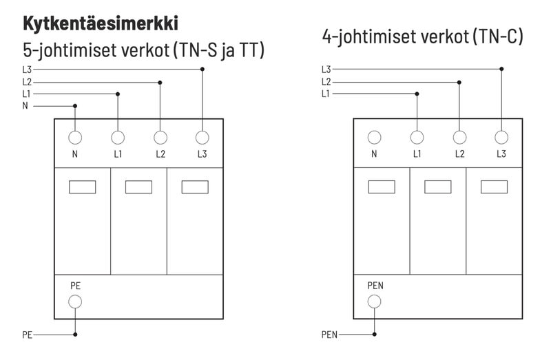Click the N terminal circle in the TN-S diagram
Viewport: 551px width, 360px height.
click(75, 137)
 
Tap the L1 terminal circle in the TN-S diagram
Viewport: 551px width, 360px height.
click(118, 137)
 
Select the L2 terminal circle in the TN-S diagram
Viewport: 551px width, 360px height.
click(160, 137)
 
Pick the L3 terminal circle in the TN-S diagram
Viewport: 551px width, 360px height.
click(202, 137)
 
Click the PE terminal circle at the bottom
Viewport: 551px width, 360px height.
click(75, 301)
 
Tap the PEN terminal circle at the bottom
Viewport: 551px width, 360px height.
click(374, 301)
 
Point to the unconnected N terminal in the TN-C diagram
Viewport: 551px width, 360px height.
click(374, 137)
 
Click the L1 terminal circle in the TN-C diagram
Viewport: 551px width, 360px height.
click(417, 137)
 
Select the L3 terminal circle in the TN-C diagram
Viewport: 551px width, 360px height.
click(501, 137)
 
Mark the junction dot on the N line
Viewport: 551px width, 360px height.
click(75, 106)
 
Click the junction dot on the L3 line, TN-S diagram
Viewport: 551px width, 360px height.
click(202, 69)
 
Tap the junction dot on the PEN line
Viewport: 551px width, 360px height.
click(374, 335)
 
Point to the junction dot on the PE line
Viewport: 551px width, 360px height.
click(75, 335)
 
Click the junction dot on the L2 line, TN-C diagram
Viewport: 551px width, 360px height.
click(459, 81)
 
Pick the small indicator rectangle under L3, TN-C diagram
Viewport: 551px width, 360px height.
click(494, 187)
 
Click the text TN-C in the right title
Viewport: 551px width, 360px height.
click(500, 36)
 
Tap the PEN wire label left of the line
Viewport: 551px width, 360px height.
click(329, 336)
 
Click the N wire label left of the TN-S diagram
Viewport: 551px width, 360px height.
click(25, 106)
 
